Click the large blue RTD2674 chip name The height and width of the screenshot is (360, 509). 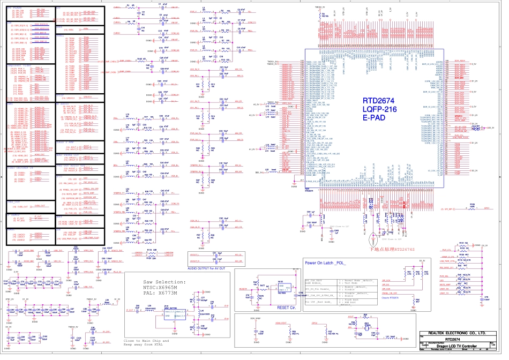[380, 100]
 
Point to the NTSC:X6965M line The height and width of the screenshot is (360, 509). [164, 288]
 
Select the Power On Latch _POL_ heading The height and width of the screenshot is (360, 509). [325, 263]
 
